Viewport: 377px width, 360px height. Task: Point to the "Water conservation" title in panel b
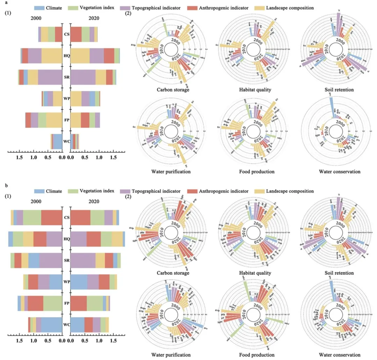click(x=340, y=355)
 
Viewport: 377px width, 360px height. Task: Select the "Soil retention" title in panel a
click(x=340, y=90)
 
